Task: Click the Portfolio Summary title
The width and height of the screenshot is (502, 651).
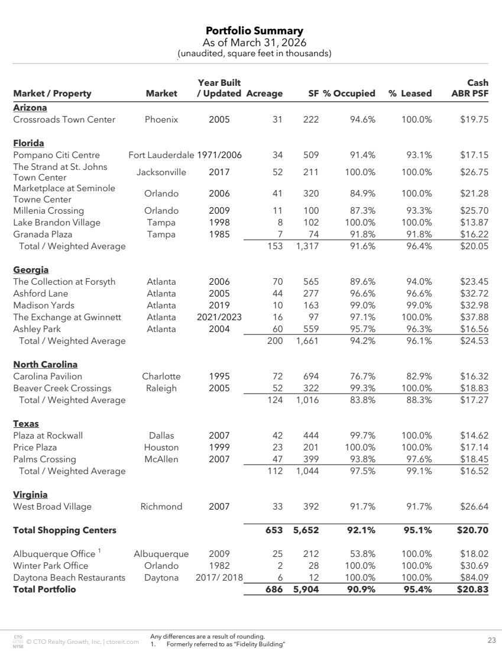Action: (x=254, y=31)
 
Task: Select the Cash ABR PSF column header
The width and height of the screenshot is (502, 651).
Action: (x=470, y=88)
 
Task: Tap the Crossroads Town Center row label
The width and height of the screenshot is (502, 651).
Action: (x=64, y=120)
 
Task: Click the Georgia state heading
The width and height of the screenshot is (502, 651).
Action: (x=31, y=270)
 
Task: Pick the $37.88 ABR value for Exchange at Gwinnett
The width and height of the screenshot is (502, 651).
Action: (x=474, y=317)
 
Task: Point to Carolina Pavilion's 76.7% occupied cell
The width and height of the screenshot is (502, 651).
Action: (x=361, y=376)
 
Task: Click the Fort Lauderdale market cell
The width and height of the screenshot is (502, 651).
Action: (x=161, y=155)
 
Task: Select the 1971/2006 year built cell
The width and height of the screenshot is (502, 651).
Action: (x=219, y=155)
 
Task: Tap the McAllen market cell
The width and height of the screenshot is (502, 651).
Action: (x=161, y=459)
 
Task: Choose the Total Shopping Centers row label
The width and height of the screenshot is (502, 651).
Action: (x=64, y=530)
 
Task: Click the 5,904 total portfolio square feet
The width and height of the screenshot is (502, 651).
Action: (x=306, y=589)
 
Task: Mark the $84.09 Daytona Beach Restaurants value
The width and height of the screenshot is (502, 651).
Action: (x=474, y=578)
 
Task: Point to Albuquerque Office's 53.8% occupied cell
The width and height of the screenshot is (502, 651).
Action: (x=361, y=554)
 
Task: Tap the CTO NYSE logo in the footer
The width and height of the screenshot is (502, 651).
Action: (x=17, y=640)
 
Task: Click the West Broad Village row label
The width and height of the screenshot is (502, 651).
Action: (x=53, y=507)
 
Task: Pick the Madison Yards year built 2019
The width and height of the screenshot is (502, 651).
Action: (x=219, y=305)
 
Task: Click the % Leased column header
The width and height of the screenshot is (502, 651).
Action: (x=410, y=94)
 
